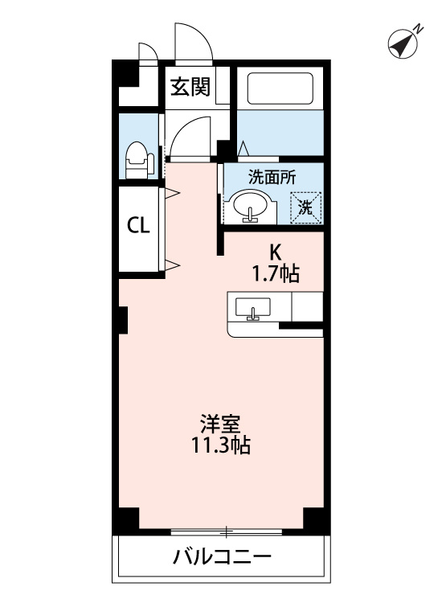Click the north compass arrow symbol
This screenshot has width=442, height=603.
click(x=403, y=43)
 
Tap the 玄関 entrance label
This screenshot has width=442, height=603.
click(x=190, y=87)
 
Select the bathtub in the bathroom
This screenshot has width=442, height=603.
click(x=280, y=88)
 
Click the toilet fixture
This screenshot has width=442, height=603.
click(x=139, y=160)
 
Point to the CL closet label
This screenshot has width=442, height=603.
click(x=138, y=226)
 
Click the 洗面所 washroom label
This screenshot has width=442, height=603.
click(x=272, y=178)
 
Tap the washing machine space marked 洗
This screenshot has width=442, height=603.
click(x=306, y=207)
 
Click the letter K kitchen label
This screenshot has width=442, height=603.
click(x=275, y=253)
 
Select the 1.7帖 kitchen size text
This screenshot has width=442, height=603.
click(x=276, y=274)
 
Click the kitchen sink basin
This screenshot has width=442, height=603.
click(x=252, y=307)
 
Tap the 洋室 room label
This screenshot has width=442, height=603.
click(x=220, y=425)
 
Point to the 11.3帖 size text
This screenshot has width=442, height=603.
click(x=221, y=445)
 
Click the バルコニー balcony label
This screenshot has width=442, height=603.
click(x=222, y=556)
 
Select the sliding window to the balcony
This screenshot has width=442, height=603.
click(x=226, y=532)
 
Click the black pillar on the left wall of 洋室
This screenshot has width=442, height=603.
click(x=123, y=320)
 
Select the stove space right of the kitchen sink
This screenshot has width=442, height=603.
click(x=308, y=306)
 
